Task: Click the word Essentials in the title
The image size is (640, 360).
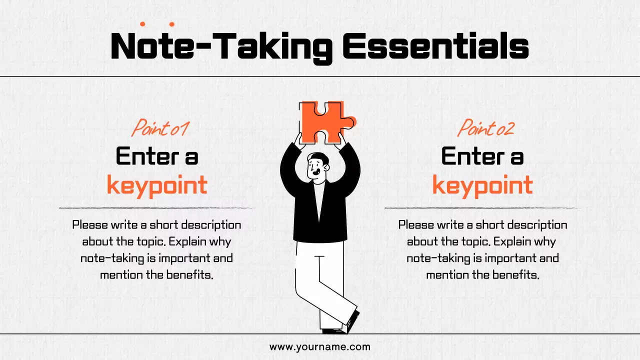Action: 435,46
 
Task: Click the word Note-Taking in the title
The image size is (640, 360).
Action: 221,46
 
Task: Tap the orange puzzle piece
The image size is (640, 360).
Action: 322,121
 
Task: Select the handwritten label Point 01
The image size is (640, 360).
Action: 159,128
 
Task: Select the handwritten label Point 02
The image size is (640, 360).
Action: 486,128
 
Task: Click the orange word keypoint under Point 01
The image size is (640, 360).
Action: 157,185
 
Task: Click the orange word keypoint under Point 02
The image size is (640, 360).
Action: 482,185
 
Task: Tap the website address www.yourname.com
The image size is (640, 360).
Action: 320,346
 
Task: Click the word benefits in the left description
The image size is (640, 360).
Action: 190,275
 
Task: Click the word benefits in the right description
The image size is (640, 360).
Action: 516,275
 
